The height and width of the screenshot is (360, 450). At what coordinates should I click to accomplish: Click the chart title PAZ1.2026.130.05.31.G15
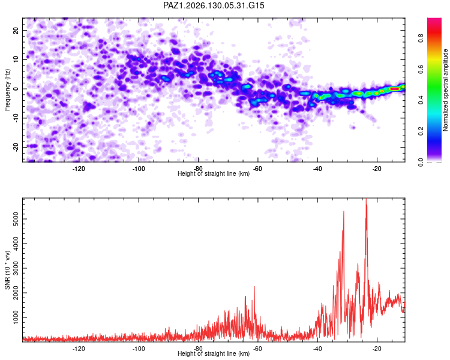214,5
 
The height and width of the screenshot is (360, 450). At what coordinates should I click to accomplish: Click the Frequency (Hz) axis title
7,90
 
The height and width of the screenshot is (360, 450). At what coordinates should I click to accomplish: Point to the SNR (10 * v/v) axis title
7,270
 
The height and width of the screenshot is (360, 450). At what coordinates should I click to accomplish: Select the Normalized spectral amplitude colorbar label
445,90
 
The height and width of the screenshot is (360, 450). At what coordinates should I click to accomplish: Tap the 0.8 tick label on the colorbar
421,38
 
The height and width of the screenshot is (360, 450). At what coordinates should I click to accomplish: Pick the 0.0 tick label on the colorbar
421,162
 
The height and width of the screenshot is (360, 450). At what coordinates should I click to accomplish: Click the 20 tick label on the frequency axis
16,30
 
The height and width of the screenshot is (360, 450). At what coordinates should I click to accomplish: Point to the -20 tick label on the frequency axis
16,147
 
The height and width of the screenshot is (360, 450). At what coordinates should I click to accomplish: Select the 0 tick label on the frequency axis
16,89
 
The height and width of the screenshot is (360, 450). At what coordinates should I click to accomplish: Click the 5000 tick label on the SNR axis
16,219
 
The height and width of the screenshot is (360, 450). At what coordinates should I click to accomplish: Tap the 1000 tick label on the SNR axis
16,317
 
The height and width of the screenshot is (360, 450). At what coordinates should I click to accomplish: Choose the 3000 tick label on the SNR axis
16,268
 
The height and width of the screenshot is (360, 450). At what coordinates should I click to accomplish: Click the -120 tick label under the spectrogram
79,169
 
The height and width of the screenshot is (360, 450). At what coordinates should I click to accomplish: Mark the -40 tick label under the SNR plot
317,349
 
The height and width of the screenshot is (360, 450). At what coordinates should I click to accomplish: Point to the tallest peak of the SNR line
366,199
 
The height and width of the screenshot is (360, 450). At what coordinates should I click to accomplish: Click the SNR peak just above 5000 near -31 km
344,212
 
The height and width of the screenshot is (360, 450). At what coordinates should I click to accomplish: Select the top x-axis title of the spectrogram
214,173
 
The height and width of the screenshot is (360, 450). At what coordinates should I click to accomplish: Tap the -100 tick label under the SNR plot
139,349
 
